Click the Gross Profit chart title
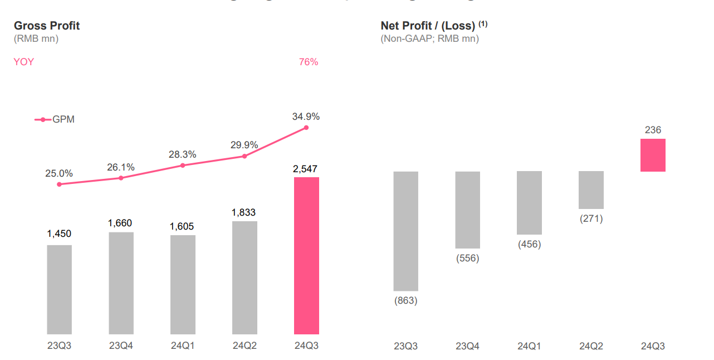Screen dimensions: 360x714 pos(47,26)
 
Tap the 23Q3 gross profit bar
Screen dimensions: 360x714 pos(59,289)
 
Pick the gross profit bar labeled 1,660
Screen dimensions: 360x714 pos(121,283)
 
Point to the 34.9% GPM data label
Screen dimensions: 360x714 pos(306,116)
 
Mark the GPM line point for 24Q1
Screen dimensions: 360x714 pos(183,165)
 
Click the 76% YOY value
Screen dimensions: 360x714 pos(309,62)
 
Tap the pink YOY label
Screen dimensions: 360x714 pos(24,62)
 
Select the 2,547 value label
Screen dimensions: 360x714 pos(306,168)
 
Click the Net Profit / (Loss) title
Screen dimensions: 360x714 pos(428,26)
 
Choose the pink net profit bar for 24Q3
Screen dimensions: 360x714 pos(653,155)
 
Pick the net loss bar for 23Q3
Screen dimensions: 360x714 pos(405,231)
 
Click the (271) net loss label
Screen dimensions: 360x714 pos(591,218)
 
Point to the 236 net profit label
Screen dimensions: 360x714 pos(653,130)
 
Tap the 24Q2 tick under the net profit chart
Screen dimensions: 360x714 pos(591,346)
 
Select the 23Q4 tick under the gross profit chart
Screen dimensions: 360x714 pos(121,346)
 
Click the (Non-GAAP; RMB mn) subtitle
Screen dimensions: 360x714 pos(429,38)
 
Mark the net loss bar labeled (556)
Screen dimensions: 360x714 pos(467,210)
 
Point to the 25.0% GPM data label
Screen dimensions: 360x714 pos(59,173)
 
